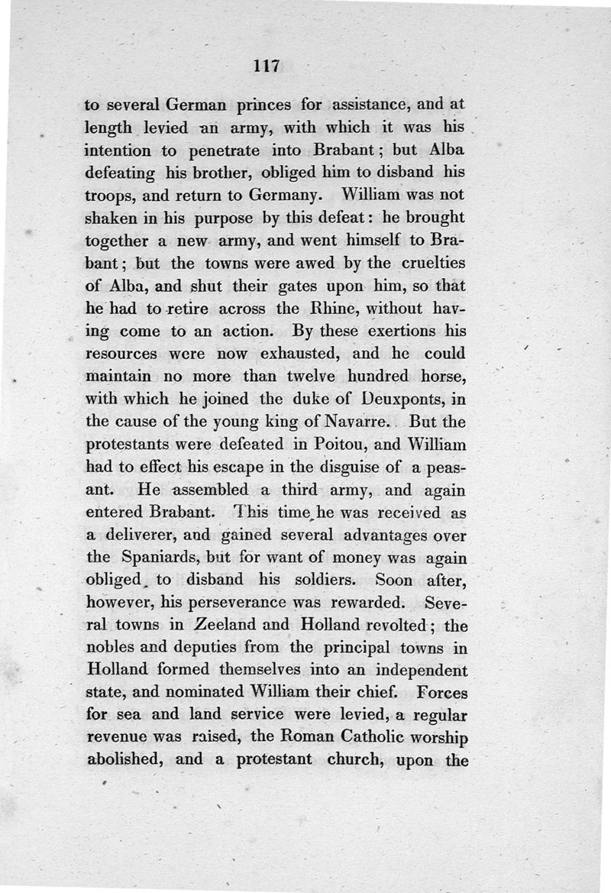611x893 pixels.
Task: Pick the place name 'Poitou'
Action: click(x=309, y=442)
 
